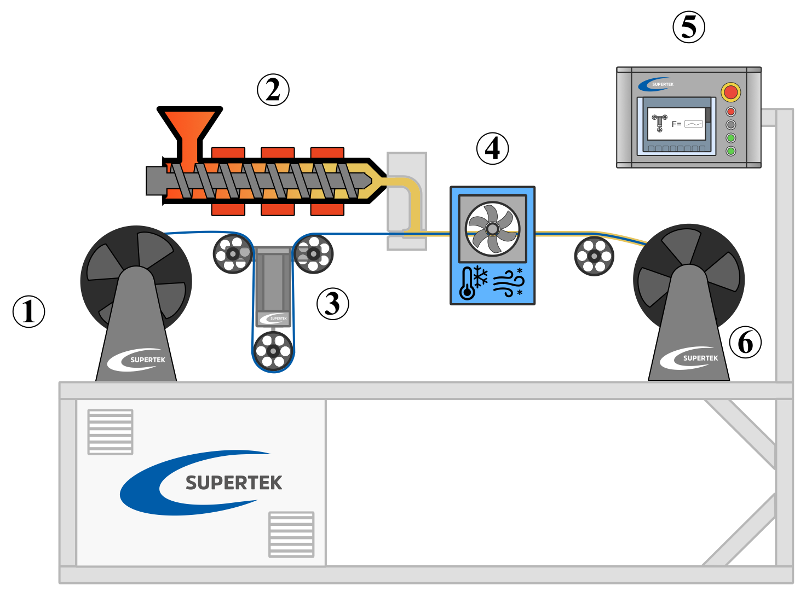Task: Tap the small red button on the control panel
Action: click(730, 112)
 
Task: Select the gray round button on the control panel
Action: click(730, 125)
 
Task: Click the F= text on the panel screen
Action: click(676, 124)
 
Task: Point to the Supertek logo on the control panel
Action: click(657, 84)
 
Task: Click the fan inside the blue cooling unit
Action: click(492, 228)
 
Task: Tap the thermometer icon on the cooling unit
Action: click(467, 283)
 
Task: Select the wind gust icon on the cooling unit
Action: click(508, 283)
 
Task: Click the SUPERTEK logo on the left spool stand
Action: click(137, 360)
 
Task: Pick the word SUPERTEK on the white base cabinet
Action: click(234, 483)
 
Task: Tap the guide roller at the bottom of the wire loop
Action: click(273, 351)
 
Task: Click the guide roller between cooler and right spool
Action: click(594, 256)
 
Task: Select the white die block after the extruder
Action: click(406, 164)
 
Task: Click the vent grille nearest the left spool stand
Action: click(110, 432)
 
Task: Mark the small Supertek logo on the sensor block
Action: click(273, 318)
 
